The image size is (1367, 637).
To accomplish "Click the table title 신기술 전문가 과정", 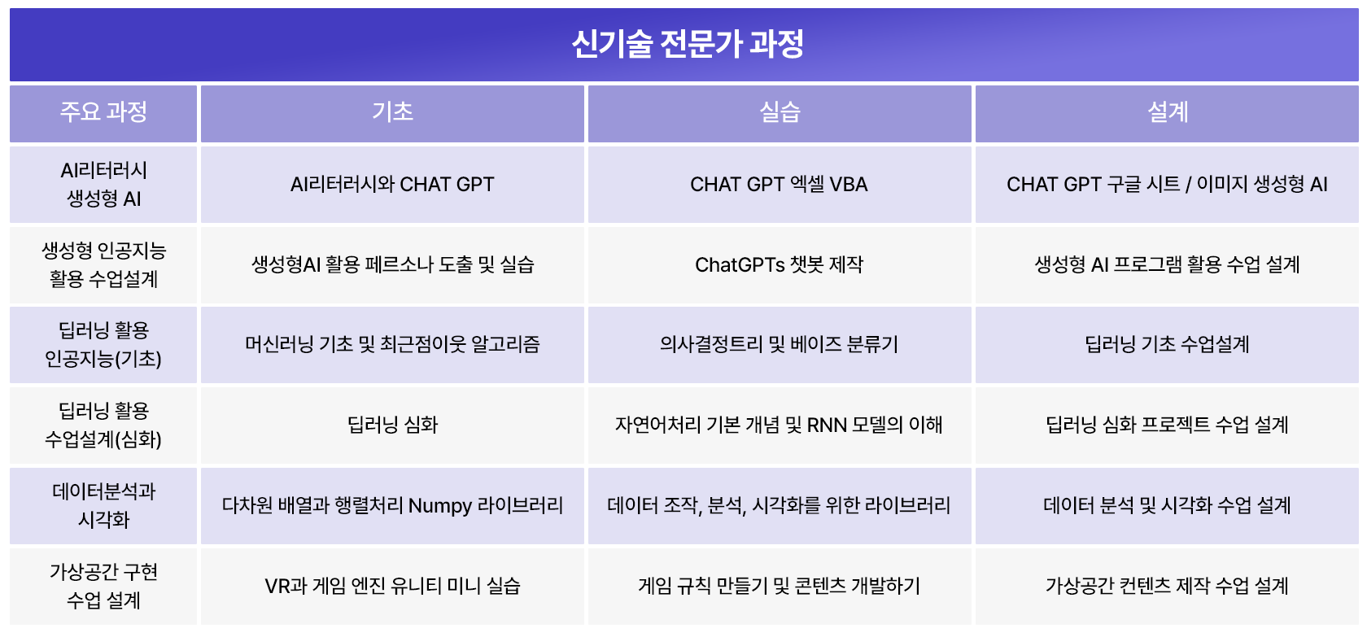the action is coord(687,44).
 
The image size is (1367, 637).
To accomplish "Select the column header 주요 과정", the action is coord(103,112).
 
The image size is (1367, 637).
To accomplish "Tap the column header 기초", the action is coord(392,112).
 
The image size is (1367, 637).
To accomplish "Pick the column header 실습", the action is coord(780,112).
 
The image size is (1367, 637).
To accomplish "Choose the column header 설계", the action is coord(1168,112).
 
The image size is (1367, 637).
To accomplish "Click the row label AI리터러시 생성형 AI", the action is coord(103,184).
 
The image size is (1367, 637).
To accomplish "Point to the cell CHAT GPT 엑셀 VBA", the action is coord(779,184).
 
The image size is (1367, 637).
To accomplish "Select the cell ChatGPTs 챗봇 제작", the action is coord(779,265).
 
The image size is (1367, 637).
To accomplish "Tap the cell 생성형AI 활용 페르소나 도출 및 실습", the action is coord(392,265).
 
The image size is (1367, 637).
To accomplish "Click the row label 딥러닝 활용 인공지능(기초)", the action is coord(103,345).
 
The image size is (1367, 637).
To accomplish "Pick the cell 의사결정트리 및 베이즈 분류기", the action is coord(779,345).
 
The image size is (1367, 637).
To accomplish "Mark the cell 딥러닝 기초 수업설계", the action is coord(1167,345).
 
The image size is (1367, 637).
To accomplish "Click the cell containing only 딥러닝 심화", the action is coord(392,425).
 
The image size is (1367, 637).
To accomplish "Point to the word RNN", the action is coord(827,425).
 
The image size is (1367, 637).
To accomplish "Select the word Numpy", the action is coord(440,506).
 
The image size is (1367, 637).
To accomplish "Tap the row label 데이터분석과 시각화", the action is coord(103,506).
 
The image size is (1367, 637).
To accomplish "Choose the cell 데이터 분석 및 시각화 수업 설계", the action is coord(1167,506).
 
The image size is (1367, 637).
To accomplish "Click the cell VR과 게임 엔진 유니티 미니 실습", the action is coord(392,587).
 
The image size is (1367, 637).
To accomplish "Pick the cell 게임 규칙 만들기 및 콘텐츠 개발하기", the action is coord(779,587).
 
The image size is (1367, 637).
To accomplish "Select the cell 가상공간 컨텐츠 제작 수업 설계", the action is coord(1167,587).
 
